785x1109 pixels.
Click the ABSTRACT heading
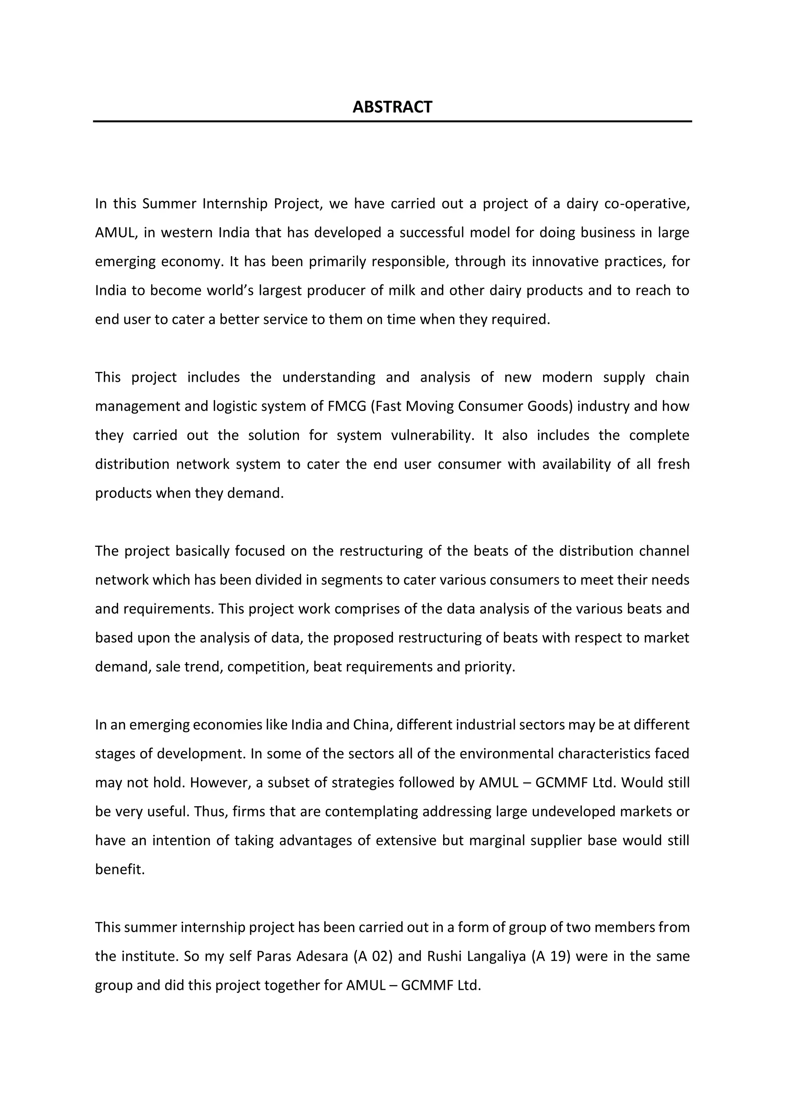[392, 107]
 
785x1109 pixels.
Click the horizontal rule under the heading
[392, 121]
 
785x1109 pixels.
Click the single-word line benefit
[119, 869]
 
